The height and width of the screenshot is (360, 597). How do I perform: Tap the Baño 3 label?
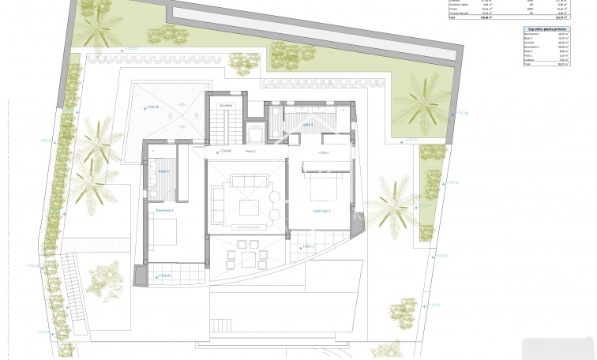(306, 124)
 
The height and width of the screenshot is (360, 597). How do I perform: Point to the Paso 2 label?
(250, 151)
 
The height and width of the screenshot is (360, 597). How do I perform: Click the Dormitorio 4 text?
(164, 211)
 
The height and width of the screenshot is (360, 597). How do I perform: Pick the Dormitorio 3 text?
(321, 211)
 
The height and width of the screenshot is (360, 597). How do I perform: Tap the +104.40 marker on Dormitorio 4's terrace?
(163, 276)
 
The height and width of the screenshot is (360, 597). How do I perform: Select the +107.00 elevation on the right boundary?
(461, 113)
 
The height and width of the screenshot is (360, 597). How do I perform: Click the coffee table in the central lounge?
(249, 207)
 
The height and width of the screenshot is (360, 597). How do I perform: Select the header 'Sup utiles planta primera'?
(545, 28)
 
